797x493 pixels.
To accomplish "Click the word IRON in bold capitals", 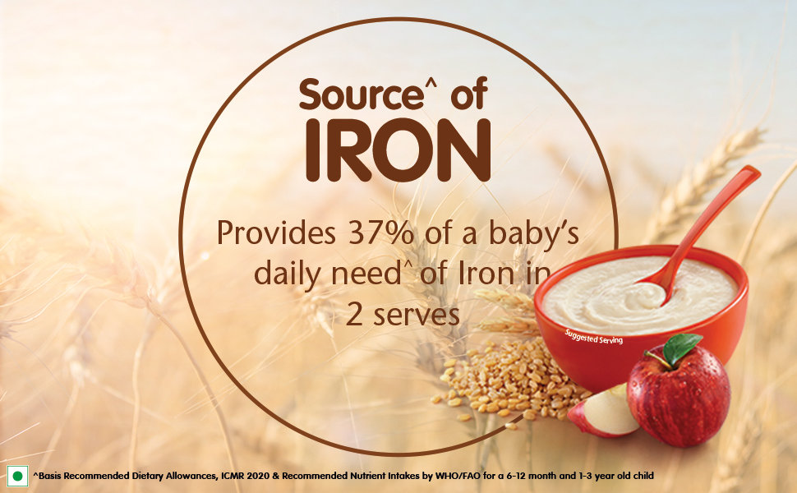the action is [398, 151].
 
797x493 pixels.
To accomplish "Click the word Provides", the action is [277, 233].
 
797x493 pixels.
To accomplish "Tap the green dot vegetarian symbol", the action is [18, 477].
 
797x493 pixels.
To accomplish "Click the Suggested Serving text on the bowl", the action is [594, 336].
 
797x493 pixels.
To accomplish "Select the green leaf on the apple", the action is [681, 348].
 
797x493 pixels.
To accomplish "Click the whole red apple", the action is [679, 393].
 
